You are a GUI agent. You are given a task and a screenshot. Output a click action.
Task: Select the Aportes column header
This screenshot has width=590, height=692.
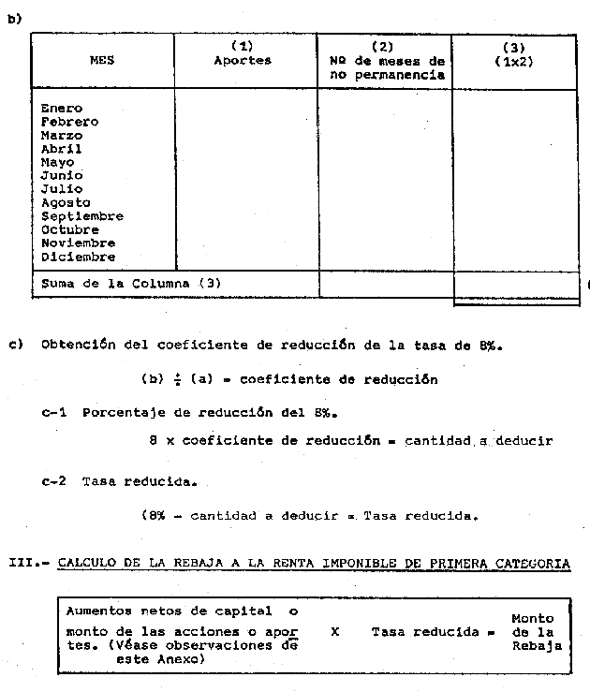(x=243, y=60)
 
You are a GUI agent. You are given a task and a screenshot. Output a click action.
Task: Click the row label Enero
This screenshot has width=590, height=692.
(x=61, y=109)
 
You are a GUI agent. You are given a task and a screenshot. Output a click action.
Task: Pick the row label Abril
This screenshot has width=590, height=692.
(x=61, y=149)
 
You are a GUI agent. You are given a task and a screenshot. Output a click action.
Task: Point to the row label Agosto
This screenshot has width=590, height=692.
(x=66, y=202)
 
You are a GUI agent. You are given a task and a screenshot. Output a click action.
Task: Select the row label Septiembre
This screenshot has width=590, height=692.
(x=81, y=216)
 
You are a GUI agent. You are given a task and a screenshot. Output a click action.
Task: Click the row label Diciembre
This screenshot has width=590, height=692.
(x=78, y=257)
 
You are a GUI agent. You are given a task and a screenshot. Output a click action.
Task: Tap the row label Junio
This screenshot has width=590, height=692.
(x=61, y=175)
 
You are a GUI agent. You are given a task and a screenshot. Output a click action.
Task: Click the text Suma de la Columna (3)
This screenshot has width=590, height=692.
(x=131, y=283)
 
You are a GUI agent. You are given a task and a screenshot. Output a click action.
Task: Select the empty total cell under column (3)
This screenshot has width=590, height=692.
(x=513, y=284)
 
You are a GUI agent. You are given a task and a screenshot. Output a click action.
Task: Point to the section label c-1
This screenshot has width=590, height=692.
(x=53, y=413)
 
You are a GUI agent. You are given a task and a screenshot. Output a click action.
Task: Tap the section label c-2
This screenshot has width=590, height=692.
(x=53, y=481)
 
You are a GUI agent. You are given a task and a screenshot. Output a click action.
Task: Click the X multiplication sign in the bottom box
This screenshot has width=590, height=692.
(x=334, y=631)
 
